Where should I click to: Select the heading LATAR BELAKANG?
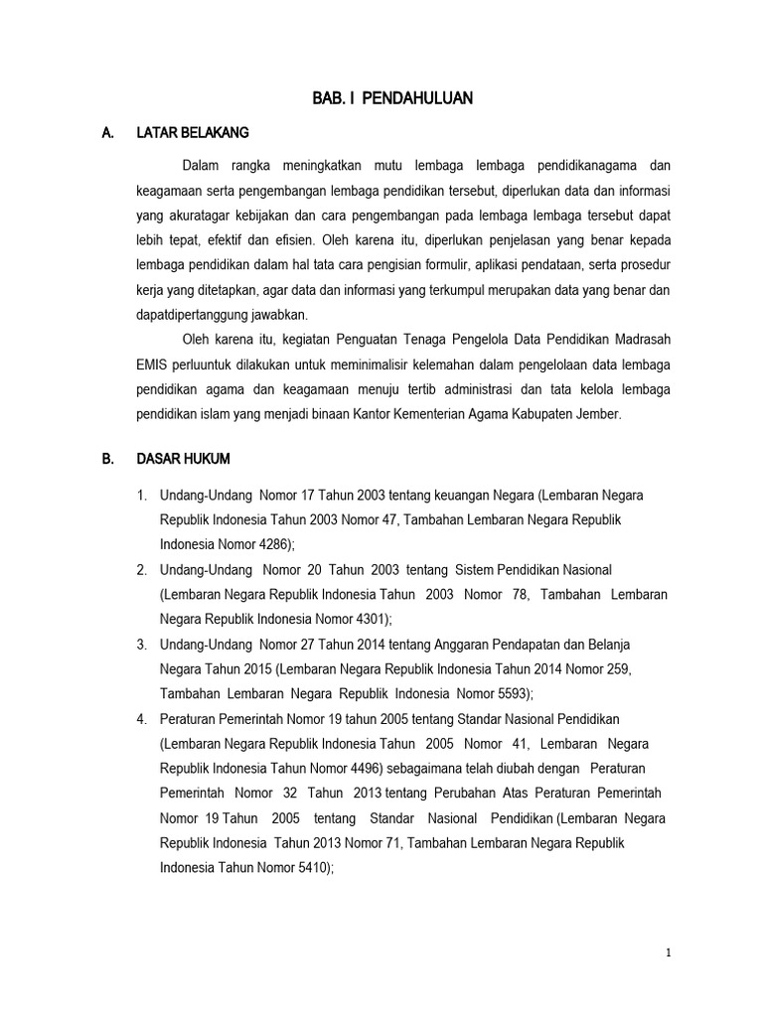tap(193, 132)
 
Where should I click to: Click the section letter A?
tap(109, 132)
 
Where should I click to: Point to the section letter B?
tap(109, 460)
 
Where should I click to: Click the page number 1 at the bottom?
tap(670, 953)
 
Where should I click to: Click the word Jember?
tap(599, 415)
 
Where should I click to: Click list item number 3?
tap(143, 644)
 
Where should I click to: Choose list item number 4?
tap(143, 718)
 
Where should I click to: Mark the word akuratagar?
tap(202, 213)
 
